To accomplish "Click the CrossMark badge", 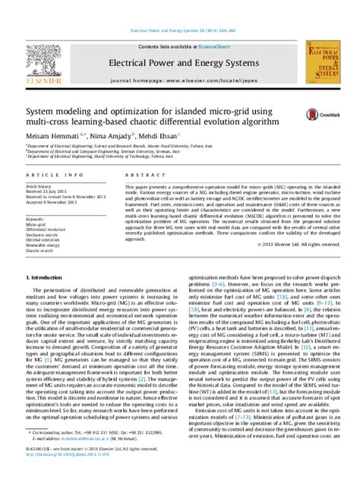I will point(317,115).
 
